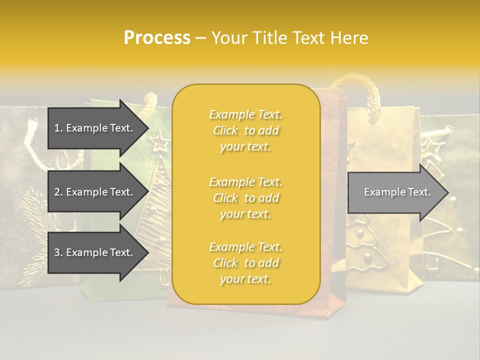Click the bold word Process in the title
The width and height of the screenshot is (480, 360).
[157, 38]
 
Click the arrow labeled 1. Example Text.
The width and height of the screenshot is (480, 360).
[95, 128]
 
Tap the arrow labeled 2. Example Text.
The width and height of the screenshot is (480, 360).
[95, 192]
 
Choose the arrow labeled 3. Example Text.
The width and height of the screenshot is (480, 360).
[95, 252]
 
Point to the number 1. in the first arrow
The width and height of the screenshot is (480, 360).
[58, 128]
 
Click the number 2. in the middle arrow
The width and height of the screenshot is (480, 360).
[58, 192]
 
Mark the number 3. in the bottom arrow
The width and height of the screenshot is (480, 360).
[58, 252]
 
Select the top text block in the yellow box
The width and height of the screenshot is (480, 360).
[245, 130]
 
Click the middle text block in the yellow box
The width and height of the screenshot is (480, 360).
[245, 198]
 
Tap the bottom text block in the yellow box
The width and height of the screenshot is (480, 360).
[245, 263]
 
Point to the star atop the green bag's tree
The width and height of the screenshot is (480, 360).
[161, 141]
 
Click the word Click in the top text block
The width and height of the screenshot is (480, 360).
[225, 131]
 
